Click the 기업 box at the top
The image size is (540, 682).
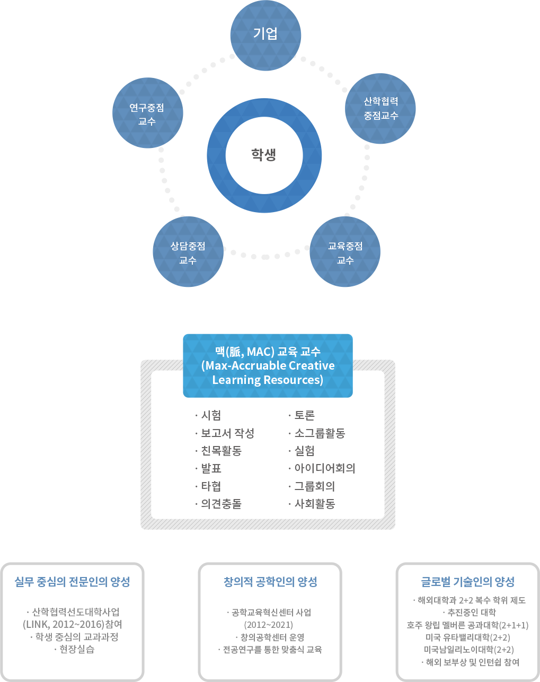pyautogui.click(x=265, y=35)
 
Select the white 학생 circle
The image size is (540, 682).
pyautogui.click(x=264, y=155)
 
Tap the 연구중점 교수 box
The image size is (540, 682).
pyautogui.click(x=147, y=113)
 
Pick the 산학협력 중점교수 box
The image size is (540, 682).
pyautogui.click(x=380, y=108)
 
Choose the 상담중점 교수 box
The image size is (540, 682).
pyautogui.click(x=188, y=252)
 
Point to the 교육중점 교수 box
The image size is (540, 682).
pyautogui.click(x=346, y=252)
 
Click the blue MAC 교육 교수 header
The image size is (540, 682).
pyautogui.click(x=268, y=365)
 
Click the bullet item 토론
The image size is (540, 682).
pyautogui.click(x=304, y=415)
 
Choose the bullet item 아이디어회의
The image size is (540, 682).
pyautogui.click(x=324, y=468)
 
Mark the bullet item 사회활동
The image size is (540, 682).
pyautogui.click(x=314, y=504)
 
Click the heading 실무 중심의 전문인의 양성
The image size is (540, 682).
pyautogui.click(x=72, y=582)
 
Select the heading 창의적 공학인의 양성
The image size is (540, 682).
pyautogui.click(x=270, y=582)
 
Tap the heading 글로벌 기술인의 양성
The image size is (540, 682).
pyautogui.click(x=467, y=582)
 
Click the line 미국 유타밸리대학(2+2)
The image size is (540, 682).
pyautogui.click(x=467, y=637)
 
